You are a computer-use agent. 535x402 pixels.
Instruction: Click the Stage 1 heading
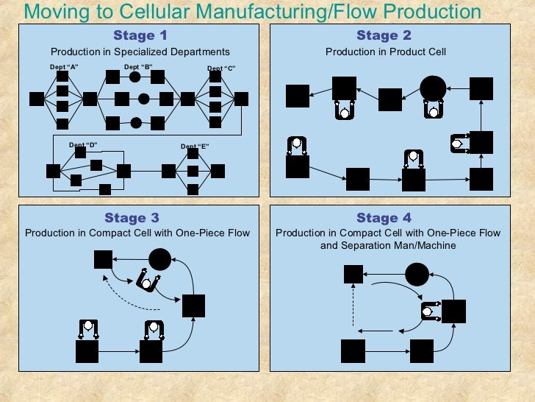140,35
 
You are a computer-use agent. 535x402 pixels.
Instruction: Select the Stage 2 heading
384,35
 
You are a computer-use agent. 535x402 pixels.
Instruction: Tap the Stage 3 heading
132,217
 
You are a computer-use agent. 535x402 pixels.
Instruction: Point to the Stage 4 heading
384,217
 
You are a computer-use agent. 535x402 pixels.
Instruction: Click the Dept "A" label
63,68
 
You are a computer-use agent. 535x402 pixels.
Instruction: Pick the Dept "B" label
138,67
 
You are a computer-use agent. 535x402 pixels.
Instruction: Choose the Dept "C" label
220,68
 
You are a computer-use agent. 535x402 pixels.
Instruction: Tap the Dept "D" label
83,144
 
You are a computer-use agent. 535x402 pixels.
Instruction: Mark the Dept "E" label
195,146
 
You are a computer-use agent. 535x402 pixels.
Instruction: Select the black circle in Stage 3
159,259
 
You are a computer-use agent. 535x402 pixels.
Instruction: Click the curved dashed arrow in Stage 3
134,295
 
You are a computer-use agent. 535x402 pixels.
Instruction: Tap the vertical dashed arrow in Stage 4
353,306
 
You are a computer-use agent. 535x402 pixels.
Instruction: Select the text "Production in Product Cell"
386,52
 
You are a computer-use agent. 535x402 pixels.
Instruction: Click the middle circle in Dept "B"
144,99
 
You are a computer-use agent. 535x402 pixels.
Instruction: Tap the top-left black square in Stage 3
103,259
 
